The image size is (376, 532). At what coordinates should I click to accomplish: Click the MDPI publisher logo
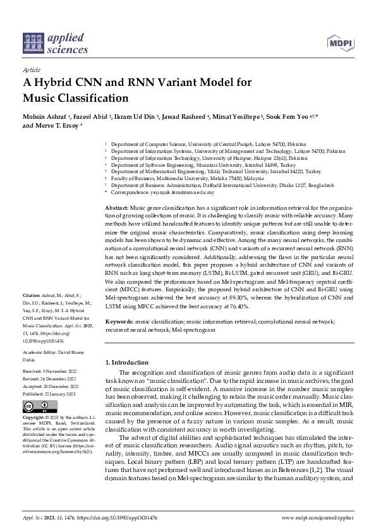(x=340, y=43)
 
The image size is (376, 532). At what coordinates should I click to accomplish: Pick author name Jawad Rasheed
(x=194, y=118)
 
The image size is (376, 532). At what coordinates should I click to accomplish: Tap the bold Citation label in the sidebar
(x=32, y=296)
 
